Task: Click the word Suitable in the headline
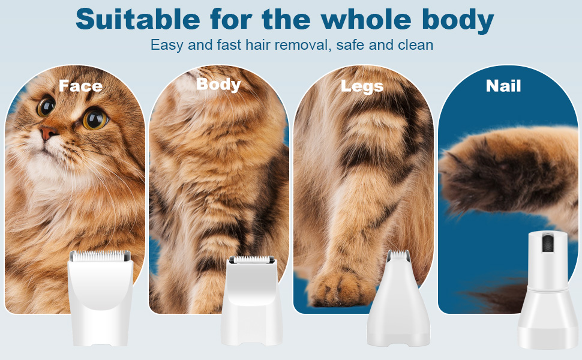(x=138, y=19)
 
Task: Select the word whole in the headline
(x=366, y=19)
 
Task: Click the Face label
(x=80, y=86)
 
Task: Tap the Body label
(x=218, y=85)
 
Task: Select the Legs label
(x=362, y=86)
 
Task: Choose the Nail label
(x=503, y=86)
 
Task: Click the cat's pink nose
(x=48, y=133)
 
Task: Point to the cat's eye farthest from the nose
(x=95, y=119)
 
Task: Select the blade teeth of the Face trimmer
(x=100, y=256)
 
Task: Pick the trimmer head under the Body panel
(x=251, y=301)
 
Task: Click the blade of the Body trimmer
(x=251, y=259)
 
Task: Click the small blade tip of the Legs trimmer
(x=398, y=254)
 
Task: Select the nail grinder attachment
(x=548, y=289)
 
